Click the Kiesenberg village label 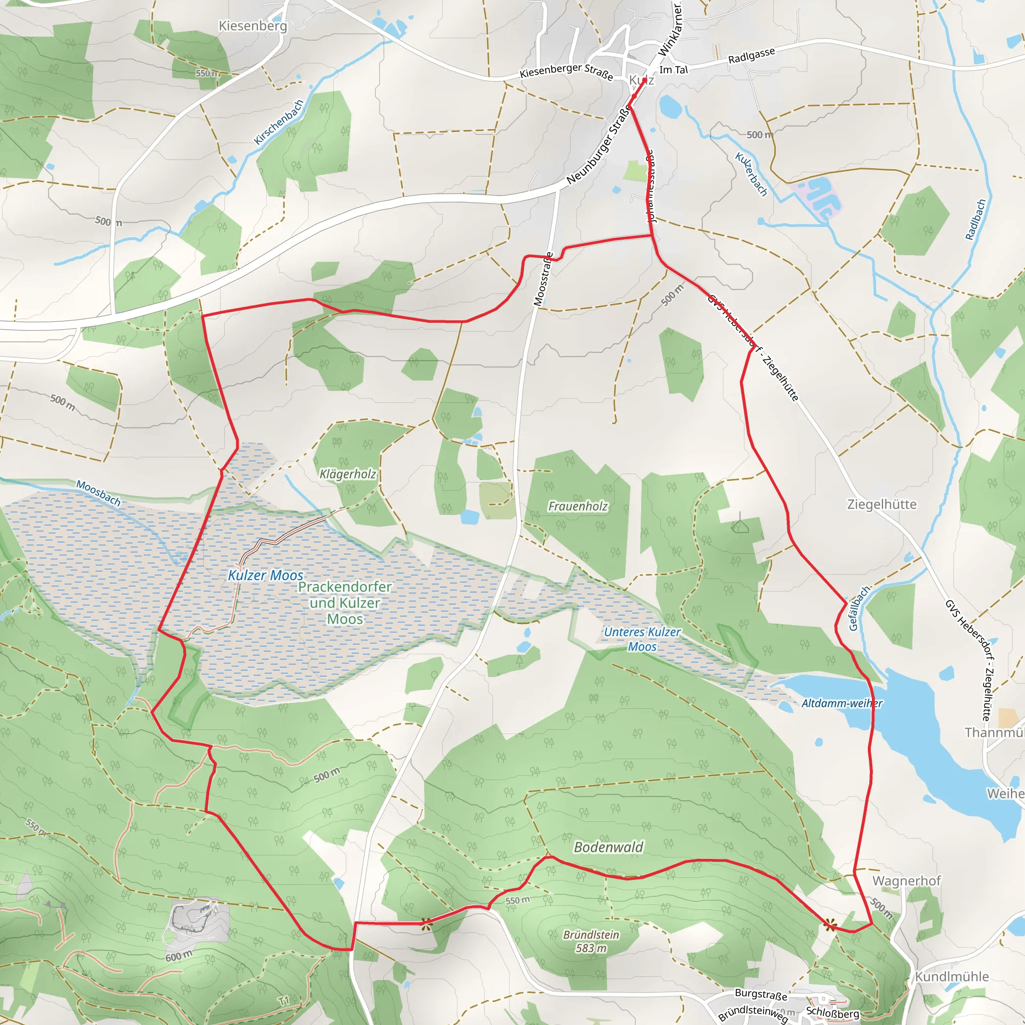click(253, 26)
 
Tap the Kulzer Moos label click(265, 575)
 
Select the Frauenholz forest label click(578, 506)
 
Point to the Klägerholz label click(347, 474)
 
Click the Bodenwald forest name click(609, 847)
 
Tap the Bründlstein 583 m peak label click(591, 941)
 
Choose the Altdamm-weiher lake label click(842, 704)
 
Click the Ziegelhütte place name click(882, 504)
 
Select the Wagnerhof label click(907, 881)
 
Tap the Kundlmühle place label click(952, 977)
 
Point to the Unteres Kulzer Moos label click(642, 639)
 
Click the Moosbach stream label click(98, 493)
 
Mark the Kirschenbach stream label click(279, 122)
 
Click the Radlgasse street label click(751, 55)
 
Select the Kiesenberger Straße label click(566, 72)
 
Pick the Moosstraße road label click(543, 279)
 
